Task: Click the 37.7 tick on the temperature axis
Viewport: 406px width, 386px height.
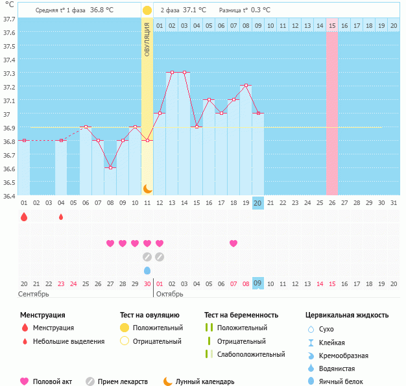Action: coord(9,19)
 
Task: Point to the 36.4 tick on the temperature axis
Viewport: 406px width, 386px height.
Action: coord(9,195)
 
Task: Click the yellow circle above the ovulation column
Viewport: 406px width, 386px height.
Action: coord(147,10)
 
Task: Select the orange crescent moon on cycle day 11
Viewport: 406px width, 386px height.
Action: coord(147,188)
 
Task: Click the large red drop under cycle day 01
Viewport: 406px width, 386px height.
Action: coord(24,217)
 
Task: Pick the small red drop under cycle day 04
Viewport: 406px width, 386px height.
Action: coord(61,217)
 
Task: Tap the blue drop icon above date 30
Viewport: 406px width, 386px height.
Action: coord(147,270)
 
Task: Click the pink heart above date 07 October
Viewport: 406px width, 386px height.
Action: coord(233,243)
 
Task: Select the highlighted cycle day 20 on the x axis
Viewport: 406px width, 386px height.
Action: coord(257,203)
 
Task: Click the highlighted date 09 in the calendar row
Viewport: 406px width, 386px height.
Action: coord(257,283)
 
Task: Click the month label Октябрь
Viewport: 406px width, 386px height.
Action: coord(169,294)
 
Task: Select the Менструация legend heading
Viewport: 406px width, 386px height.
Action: coord(43,315)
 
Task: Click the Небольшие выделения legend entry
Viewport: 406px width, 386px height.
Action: coord(68,341)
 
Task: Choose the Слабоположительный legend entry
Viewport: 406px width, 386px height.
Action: coord(251,354)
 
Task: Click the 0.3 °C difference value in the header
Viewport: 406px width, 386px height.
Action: coord(260,10)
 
